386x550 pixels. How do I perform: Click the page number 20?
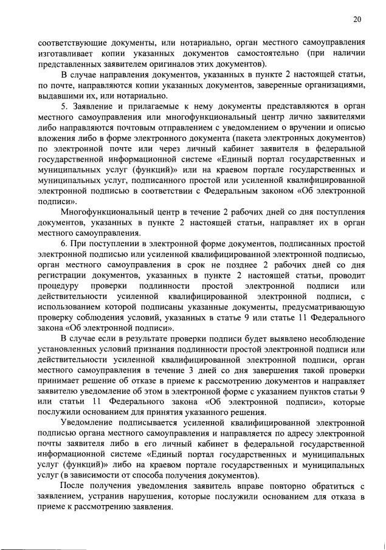tap(357, 19)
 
